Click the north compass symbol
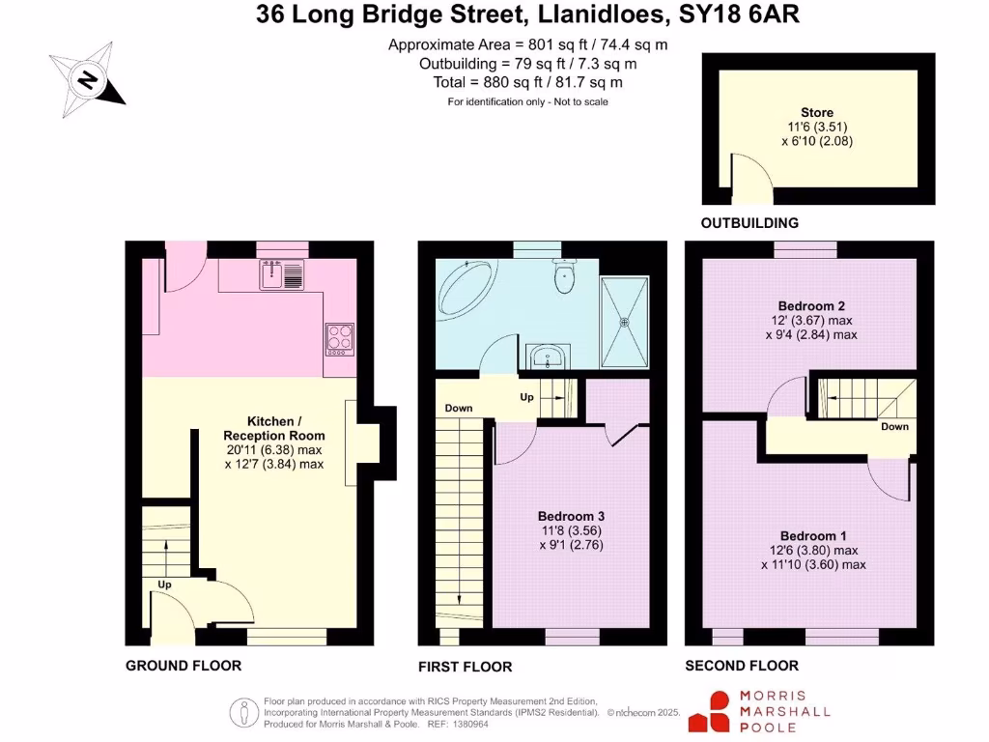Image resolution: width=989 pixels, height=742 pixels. point(87,79)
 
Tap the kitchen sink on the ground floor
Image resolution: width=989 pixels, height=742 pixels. point(282,274)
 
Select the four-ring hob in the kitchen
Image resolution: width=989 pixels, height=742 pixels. point(340,337)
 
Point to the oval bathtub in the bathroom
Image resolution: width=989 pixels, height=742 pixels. point(466,294)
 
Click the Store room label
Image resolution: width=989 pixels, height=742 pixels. point(817,113)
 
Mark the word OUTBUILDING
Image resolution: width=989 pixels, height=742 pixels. point(749,223)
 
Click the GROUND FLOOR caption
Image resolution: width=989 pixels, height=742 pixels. point(184,666)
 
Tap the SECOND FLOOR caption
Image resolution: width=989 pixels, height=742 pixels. point(742,666)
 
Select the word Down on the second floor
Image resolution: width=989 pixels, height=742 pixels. point(894,426)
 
